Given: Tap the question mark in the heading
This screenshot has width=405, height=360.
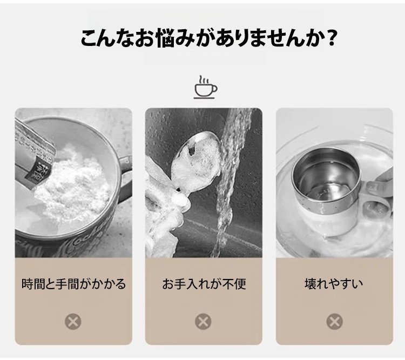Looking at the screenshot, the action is point(330,38).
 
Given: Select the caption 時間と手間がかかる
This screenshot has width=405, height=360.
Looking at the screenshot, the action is point(73,284).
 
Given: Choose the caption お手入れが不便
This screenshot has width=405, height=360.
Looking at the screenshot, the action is point(204,284).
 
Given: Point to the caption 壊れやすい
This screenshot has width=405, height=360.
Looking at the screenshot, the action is point(334,284).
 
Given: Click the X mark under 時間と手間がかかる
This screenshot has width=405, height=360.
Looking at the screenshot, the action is point(73,322).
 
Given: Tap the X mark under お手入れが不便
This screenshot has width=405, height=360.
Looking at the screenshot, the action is point(203,322).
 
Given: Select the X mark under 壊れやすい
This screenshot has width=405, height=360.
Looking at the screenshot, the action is point(335,322).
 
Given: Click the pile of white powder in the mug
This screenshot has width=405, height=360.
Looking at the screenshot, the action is point(73,184).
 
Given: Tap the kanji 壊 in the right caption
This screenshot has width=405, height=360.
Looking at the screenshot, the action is point(310,284).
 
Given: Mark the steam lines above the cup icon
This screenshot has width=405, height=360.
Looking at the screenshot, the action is point(204,79).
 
